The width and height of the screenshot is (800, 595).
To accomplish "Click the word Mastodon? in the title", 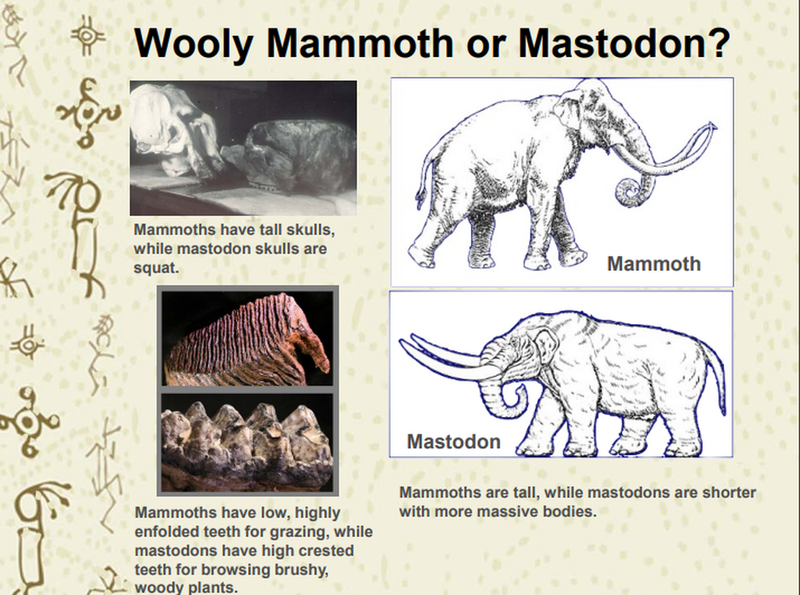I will click(625, 44).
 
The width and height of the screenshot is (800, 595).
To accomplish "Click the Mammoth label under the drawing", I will click(653, 264).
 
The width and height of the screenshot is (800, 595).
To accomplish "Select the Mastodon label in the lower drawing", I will click(453, 441).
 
